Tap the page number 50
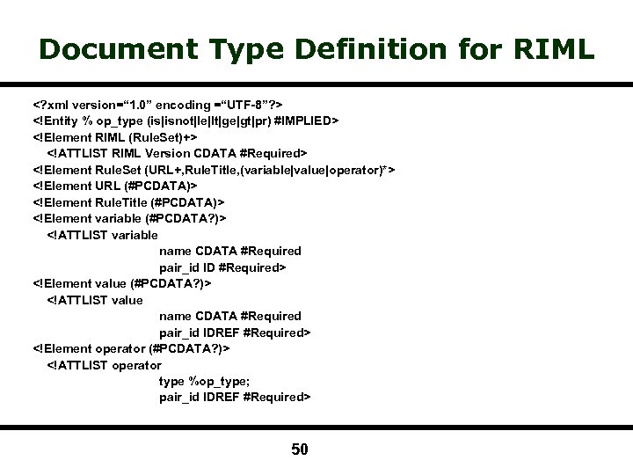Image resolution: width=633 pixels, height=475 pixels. [300, 450]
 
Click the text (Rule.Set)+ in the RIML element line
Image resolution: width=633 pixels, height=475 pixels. [164, 137]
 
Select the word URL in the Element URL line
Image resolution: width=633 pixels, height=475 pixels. [108, 186]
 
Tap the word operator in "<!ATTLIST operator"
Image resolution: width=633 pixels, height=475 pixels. [137, 365]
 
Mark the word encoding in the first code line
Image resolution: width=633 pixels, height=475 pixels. [190, 104]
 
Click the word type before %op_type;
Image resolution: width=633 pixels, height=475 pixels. [171, 381]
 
